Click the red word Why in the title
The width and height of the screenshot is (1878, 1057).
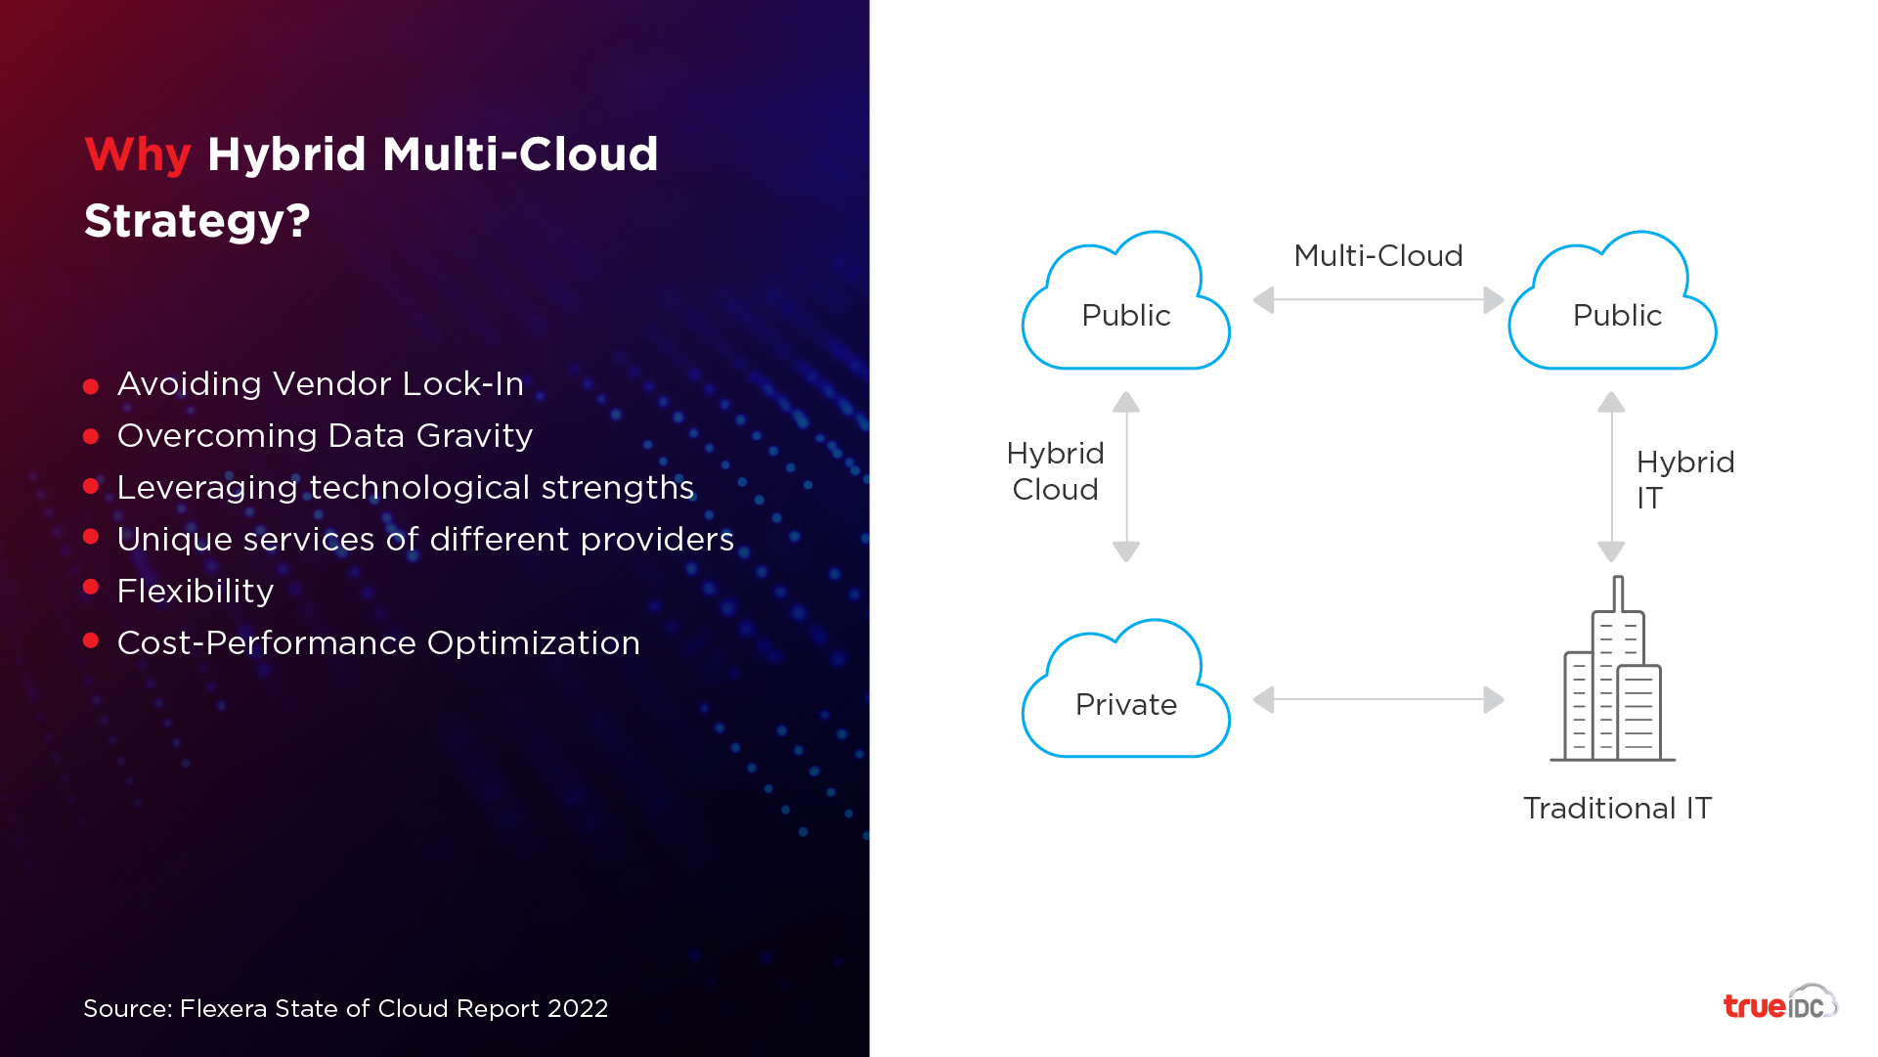coord(137,155)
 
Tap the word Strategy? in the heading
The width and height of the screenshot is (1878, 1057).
coord(197,220)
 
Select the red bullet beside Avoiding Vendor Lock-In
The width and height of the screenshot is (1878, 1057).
coord(91,386)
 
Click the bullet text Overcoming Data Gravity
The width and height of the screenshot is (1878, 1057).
coord(325,436)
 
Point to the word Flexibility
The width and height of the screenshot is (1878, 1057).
coord(196,591)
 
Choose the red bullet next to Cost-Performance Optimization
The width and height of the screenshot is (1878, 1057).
coord(91,640)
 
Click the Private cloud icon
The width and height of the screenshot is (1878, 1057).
coord(1125,688)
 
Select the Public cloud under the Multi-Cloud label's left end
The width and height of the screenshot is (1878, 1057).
coord(1125,300)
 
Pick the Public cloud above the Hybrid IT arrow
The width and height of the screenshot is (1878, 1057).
coord(1612,300)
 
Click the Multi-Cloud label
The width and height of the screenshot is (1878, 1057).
coord(1378,256)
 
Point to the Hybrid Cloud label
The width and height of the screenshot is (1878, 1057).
coord(1056,471)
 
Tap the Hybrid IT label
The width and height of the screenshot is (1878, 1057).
coord(1685,480)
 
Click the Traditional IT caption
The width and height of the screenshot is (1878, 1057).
coord(1617,809)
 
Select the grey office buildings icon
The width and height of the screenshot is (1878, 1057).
coord(1613,669)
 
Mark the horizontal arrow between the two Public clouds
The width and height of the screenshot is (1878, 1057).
coord(1378,300)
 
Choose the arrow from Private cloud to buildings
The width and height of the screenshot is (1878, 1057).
coord(1378,700)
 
